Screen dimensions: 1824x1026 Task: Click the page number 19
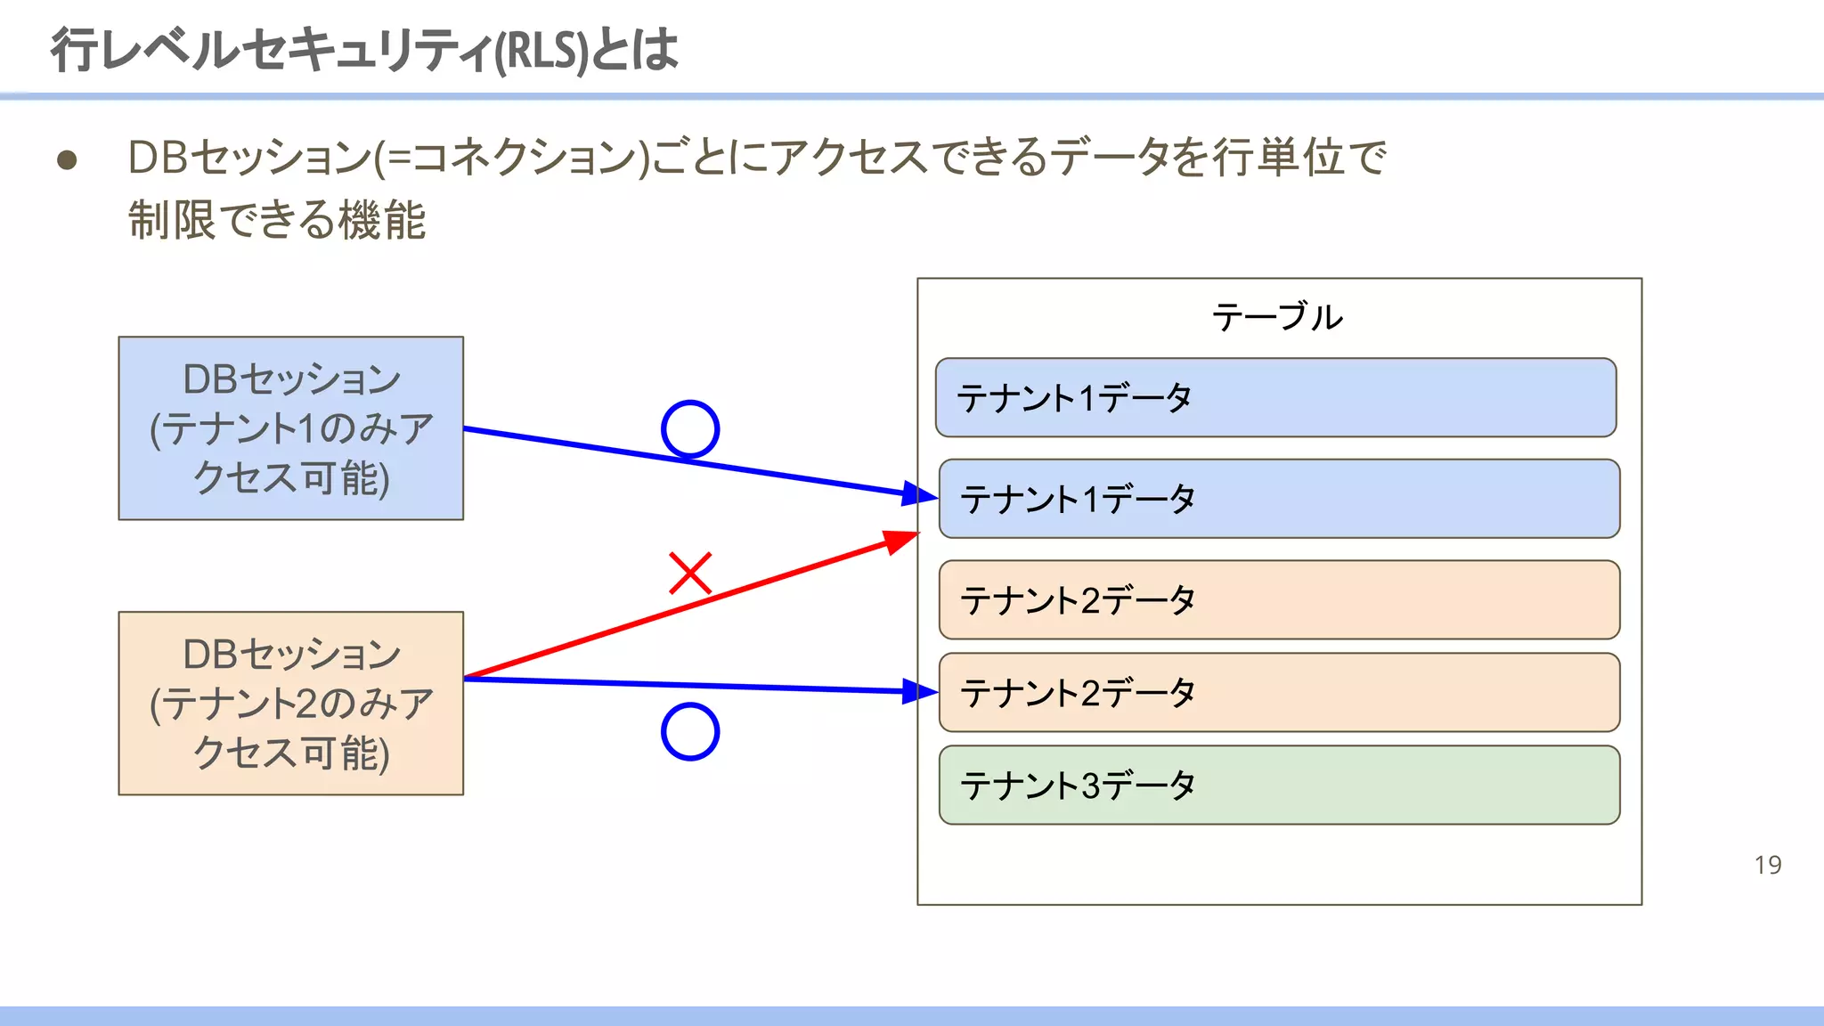point(1767,865)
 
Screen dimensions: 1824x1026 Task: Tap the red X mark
point(690,573)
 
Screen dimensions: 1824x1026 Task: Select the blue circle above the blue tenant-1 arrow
point(690,429)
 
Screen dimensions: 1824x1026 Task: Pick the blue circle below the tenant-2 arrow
point(690,731)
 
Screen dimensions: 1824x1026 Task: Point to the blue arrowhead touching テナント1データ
point(920,494)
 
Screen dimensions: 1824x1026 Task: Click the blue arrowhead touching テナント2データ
point(920,691)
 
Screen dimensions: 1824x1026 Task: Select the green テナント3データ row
point(1279,785)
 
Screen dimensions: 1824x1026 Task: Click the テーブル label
point(1277,317)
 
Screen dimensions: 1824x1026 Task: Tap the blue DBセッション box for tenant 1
point(291,428)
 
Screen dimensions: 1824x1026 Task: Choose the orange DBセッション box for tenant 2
point(291,703)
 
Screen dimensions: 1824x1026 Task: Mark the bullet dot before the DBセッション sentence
point(67,160)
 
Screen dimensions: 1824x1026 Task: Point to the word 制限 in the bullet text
point(172,220)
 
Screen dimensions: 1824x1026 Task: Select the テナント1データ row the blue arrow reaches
point(1279,499)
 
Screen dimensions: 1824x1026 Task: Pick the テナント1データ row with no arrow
point(1275,397)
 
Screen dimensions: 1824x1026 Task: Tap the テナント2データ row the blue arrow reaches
point(1279,692)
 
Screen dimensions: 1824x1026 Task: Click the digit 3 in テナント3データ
point(1091,786)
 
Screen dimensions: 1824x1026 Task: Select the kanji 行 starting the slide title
point(74,50)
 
